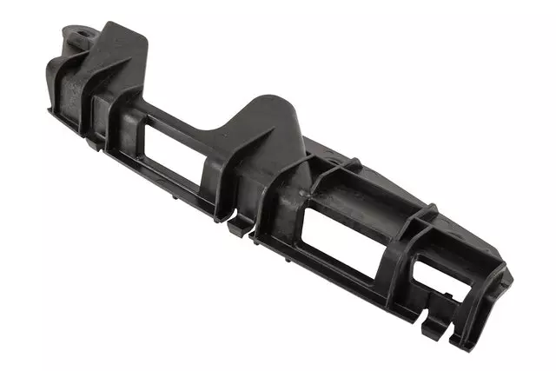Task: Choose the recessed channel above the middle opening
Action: pyautogui.click(x=347, y=187)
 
